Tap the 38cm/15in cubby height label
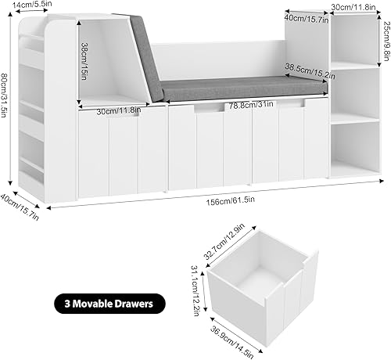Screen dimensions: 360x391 tap(84, 59)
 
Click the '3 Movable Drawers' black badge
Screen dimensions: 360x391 tap(109, 301)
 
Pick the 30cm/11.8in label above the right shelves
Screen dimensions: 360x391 tap(353, 8)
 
